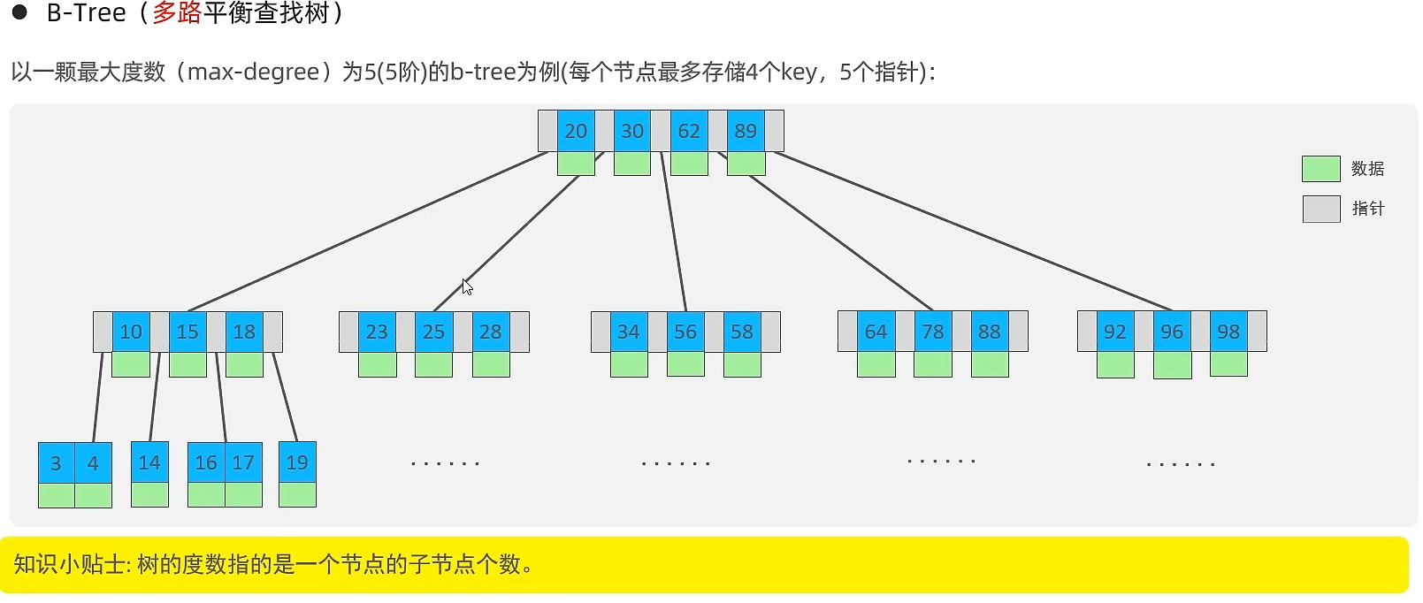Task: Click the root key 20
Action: (x=576, y=131)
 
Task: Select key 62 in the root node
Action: (x=689, y=131)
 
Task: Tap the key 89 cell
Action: (x=746, y=131)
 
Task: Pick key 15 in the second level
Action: (x=187, y=332)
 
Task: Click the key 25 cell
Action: (x=433, y=332)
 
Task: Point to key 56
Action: (x=685, y=332)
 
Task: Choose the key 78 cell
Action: (x=933, y=332)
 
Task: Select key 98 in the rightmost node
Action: (x=1228, y=332)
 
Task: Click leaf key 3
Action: (x=56, y=462)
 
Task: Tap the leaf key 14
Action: (x=149, y=462)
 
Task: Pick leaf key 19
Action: (x=297, y=462)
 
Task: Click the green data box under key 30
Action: (x=632, y=164)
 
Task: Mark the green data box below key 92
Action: (x=1115, y=364)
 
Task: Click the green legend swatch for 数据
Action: (x=1320, y=169)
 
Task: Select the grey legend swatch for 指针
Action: (x=1320, y=209)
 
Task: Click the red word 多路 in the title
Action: (x=177, y=13)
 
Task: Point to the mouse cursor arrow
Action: (x=467, y=286)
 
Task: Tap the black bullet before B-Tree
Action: (x=19, y=12)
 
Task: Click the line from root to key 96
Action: (x=973, y=232)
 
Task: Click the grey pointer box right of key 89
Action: (x=774, y=131)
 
